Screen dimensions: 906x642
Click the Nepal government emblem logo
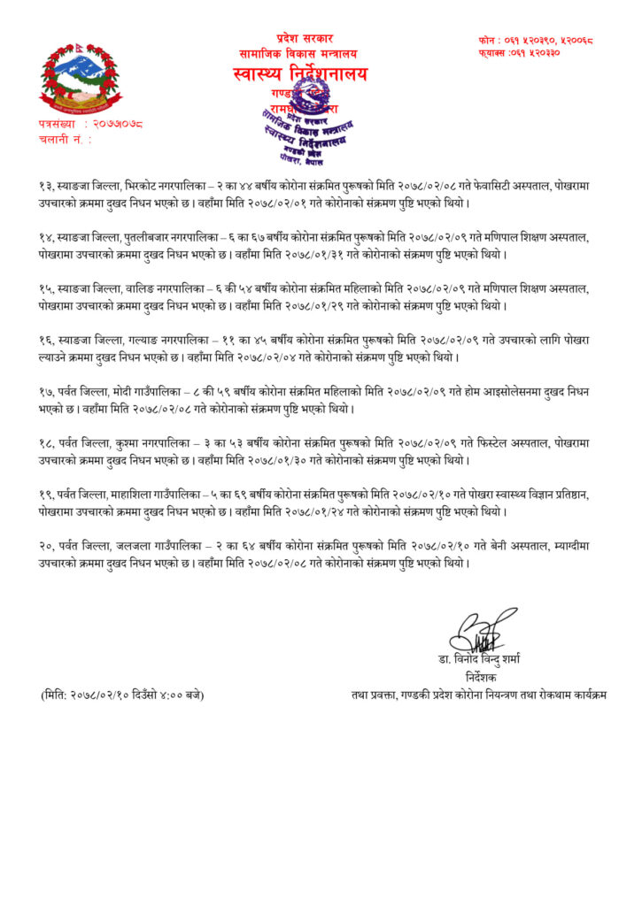80,75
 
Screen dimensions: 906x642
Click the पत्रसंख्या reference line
89,124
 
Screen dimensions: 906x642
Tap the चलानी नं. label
65,138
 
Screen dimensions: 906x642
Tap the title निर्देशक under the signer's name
483,675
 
